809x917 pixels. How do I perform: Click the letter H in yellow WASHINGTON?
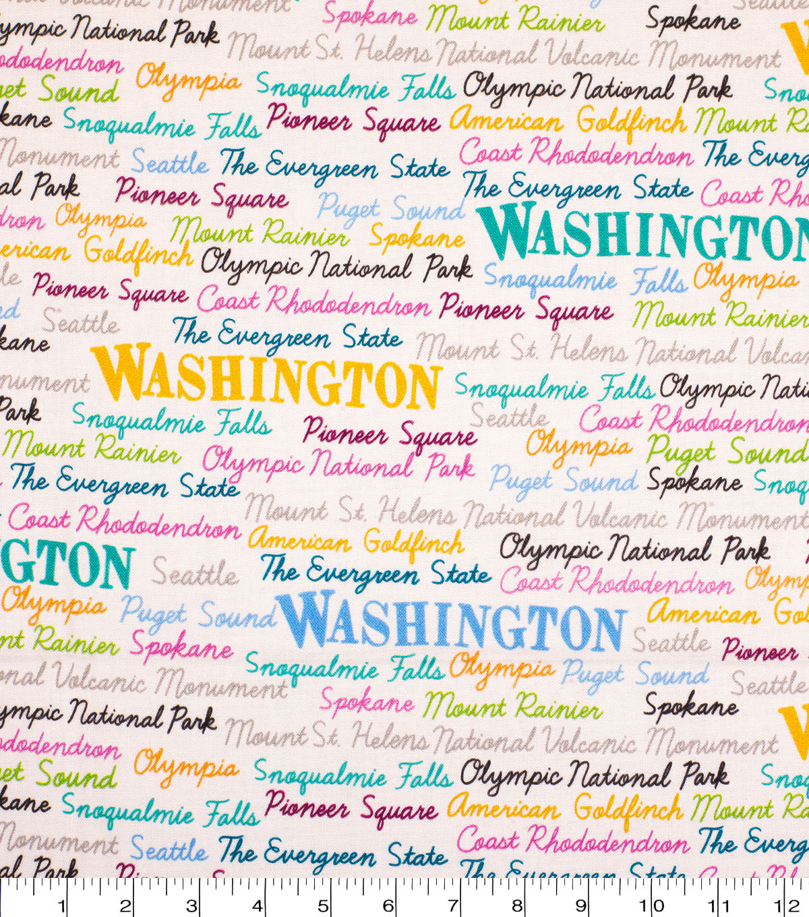[231, 378]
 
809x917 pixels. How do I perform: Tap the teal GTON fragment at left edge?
[67, 563]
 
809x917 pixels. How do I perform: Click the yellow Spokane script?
[417, 238]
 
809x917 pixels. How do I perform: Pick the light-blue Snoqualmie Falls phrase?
[549, 279]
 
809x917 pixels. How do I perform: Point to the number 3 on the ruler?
[192, 906]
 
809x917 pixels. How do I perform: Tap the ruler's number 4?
[258, 906]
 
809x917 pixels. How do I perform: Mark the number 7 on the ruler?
[453, 906]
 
